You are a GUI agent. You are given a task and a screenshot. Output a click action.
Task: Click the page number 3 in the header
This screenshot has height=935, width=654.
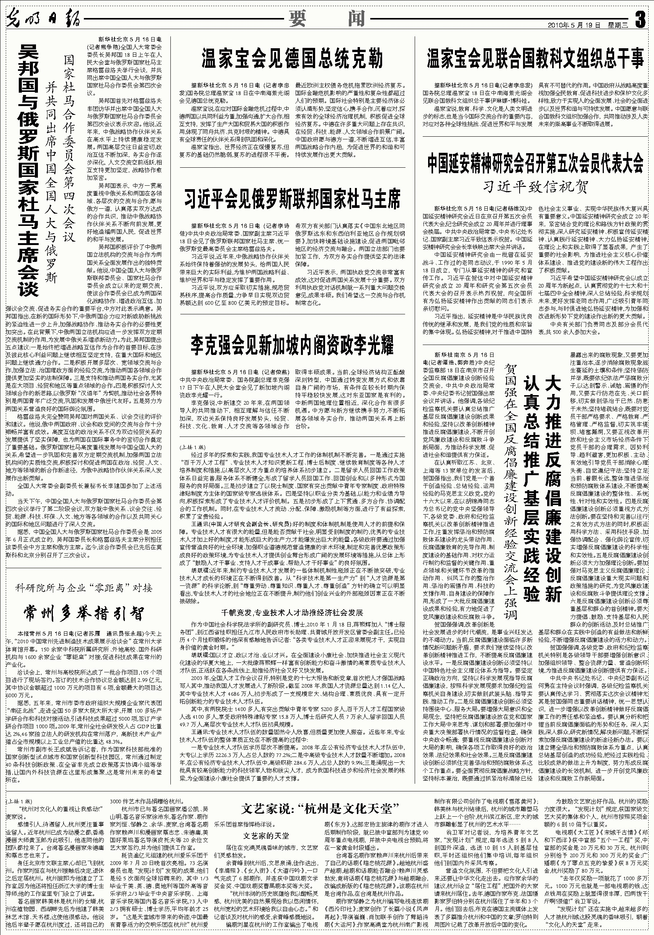coord(640,19)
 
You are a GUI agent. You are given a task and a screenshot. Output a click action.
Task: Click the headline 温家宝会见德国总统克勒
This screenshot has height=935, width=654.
coord(293,59)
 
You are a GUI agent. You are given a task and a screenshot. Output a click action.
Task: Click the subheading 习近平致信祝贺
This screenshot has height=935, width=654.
coord(535,187)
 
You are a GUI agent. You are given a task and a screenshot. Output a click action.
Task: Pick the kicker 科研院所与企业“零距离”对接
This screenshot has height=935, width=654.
coord(83,588)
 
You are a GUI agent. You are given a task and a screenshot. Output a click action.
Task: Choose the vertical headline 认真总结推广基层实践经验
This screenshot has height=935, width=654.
coord(531,489)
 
